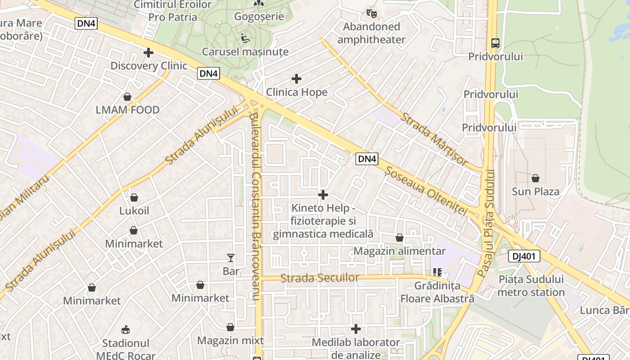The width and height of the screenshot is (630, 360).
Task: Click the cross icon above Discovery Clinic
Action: (148, 53)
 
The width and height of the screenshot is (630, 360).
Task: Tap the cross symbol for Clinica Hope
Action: (297, 79)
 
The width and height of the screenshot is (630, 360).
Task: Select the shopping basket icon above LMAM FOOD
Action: (127, 97)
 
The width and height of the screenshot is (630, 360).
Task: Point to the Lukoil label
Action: (134, 211)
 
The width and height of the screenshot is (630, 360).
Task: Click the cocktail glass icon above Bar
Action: (231, 258)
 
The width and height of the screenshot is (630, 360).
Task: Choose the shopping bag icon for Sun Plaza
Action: (535, 179)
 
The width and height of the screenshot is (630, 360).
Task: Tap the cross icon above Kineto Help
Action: (323, 195)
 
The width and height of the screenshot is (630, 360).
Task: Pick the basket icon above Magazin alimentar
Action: (400, 238)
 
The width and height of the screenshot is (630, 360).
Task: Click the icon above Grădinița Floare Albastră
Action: (437, 272)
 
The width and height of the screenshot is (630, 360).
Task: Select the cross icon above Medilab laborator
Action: (356, 329)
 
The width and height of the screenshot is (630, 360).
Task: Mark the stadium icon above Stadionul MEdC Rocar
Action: (126, 330)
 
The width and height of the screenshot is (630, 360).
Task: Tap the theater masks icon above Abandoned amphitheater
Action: (371, 13)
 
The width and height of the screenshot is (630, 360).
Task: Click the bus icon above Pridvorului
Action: (495, 43)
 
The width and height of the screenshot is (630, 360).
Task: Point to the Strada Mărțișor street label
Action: (435, 139)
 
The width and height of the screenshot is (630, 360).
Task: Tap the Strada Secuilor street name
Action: (319, 278)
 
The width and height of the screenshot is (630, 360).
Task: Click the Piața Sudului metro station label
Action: (531, 286)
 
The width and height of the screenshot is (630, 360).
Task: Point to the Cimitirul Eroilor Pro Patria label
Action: (173, 11)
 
